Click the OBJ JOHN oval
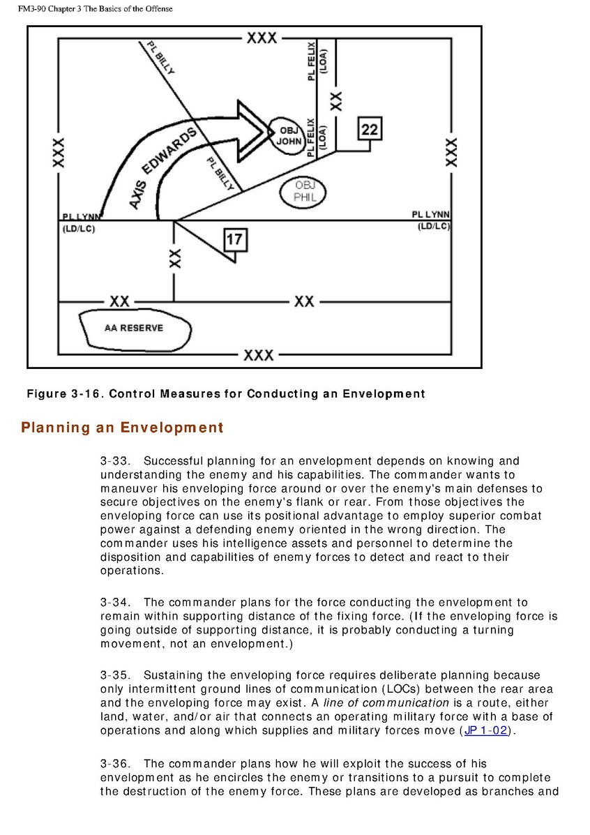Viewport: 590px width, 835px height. point(289,135)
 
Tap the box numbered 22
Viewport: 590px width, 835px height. point(370,129)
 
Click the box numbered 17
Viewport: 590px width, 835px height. point(234,240)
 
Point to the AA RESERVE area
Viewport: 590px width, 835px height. point(133,328)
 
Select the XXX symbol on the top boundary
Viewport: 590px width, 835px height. point(262,38)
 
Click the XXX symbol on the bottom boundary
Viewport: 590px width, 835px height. point(258,356)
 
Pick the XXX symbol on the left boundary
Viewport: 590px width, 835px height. point(59,152)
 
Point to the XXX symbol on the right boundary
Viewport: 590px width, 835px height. point(451,152)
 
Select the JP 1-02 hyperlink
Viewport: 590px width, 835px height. point(486,731)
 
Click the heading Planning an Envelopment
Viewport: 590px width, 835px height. point(122,428)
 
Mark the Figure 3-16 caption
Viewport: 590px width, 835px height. point(225,394)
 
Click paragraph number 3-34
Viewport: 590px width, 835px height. point(114,603)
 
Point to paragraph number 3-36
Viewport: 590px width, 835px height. point(114,764)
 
